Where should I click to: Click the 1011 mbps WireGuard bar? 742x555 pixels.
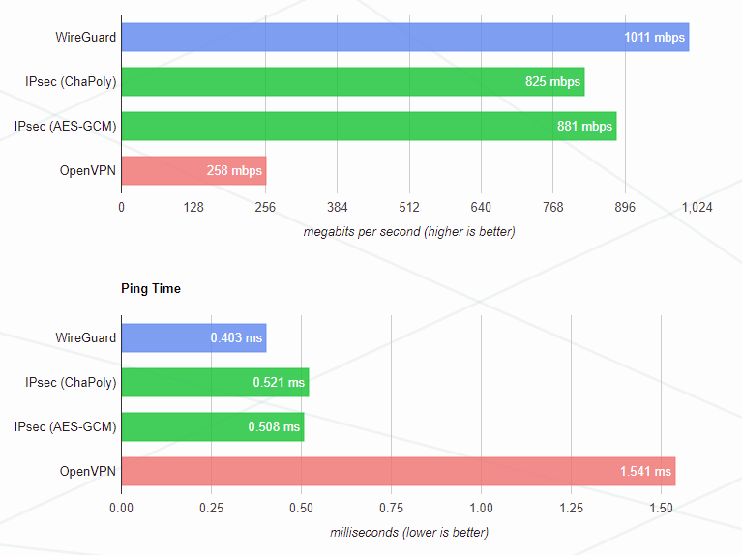pyautogui.click(x=404, y=38)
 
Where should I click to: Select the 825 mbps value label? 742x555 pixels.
pyautogui.click(x=552, y=82)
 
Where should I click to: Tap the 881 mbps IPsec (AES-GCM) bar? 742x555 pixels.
pyautogui.click(x=368, y=127)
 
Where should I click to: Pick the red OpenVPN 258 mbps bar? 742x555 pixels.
pyautogui.click(x=193, y=171)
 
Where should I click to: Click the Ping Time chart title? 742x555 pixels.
pyautogui.click(x=151, y=288)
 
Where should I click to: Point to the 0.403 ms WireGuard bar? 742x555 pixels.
pyautogui.click(x=193, y=338)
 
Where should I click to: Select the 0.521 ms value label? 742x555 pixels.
pyautogui.click(x=279, y=383)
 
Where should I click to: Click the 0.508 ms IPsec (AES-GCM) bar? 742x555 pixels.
pyautogui.click(x=212, y=427)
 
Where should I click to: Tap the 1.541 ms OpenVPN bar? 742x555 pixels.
pyautogui.click(x=398, y=472)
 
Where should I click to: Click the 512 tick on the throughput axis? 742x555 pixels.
pyautogui.click(x=409, y=207)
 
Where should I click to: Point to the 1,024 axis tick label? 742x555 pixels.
pyautogui.click(x=697, y=207)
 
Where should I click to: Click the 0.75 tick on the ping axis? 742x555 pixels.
pyautogui.click(x=392, y=507)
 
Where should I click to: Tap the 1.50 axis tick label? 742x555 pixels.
pyautogui.click(x=661, y=507)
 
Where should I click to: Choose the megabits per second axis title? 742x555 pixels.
pyautogui.click(x=409, y=232)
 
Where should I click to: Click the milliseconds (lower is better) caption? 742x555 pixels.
pyautogui.click(x=409, y=532)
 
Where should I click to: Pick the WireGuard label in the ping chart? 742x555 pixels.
pyautogui.click(x=86, y=338)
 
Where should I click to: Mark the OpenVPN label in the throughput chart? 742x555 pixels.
pyautogui.click(x=88, y=171)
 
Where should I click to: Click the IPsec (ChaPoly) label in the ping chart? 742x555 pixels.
pyautogui.click(x=71, y=383)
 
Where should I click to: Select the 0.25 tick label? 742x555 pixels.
pyautogui.click(x=212, y=507)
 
